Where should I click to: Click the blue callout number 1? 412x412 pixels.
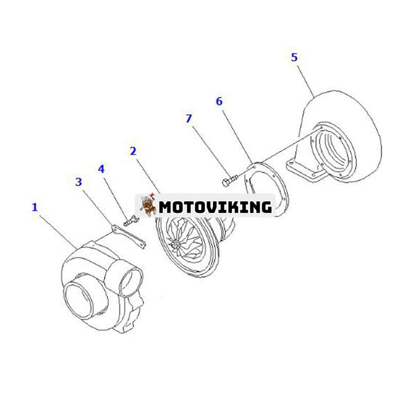(35, 208)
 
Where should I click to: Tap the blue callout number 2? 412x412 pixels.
(133, 151)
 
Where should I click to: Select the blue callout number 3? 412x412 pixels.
(79, 182)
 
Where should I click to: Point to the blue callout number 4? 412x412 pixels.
(101, 169)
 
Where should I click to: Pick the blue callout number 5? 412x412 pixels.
(294, 58)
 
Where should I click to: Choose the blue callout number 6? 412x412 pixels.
(219, 101)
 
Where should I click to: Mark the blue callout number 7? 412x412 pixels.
(188, 119)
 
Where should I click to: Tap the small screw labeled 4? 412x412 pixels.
(130, 221)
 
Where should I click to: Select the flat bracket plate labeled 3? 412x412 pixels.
(128, 236)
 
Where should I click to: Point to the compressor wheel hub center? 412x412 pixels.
(174, 246)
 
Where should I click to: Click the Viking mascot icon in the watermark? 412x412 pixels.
(147, 205)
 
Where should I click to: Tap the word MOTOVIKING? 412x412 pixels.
(215, 207)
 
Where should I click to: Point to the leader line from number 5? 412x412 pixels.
(306, 81)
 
